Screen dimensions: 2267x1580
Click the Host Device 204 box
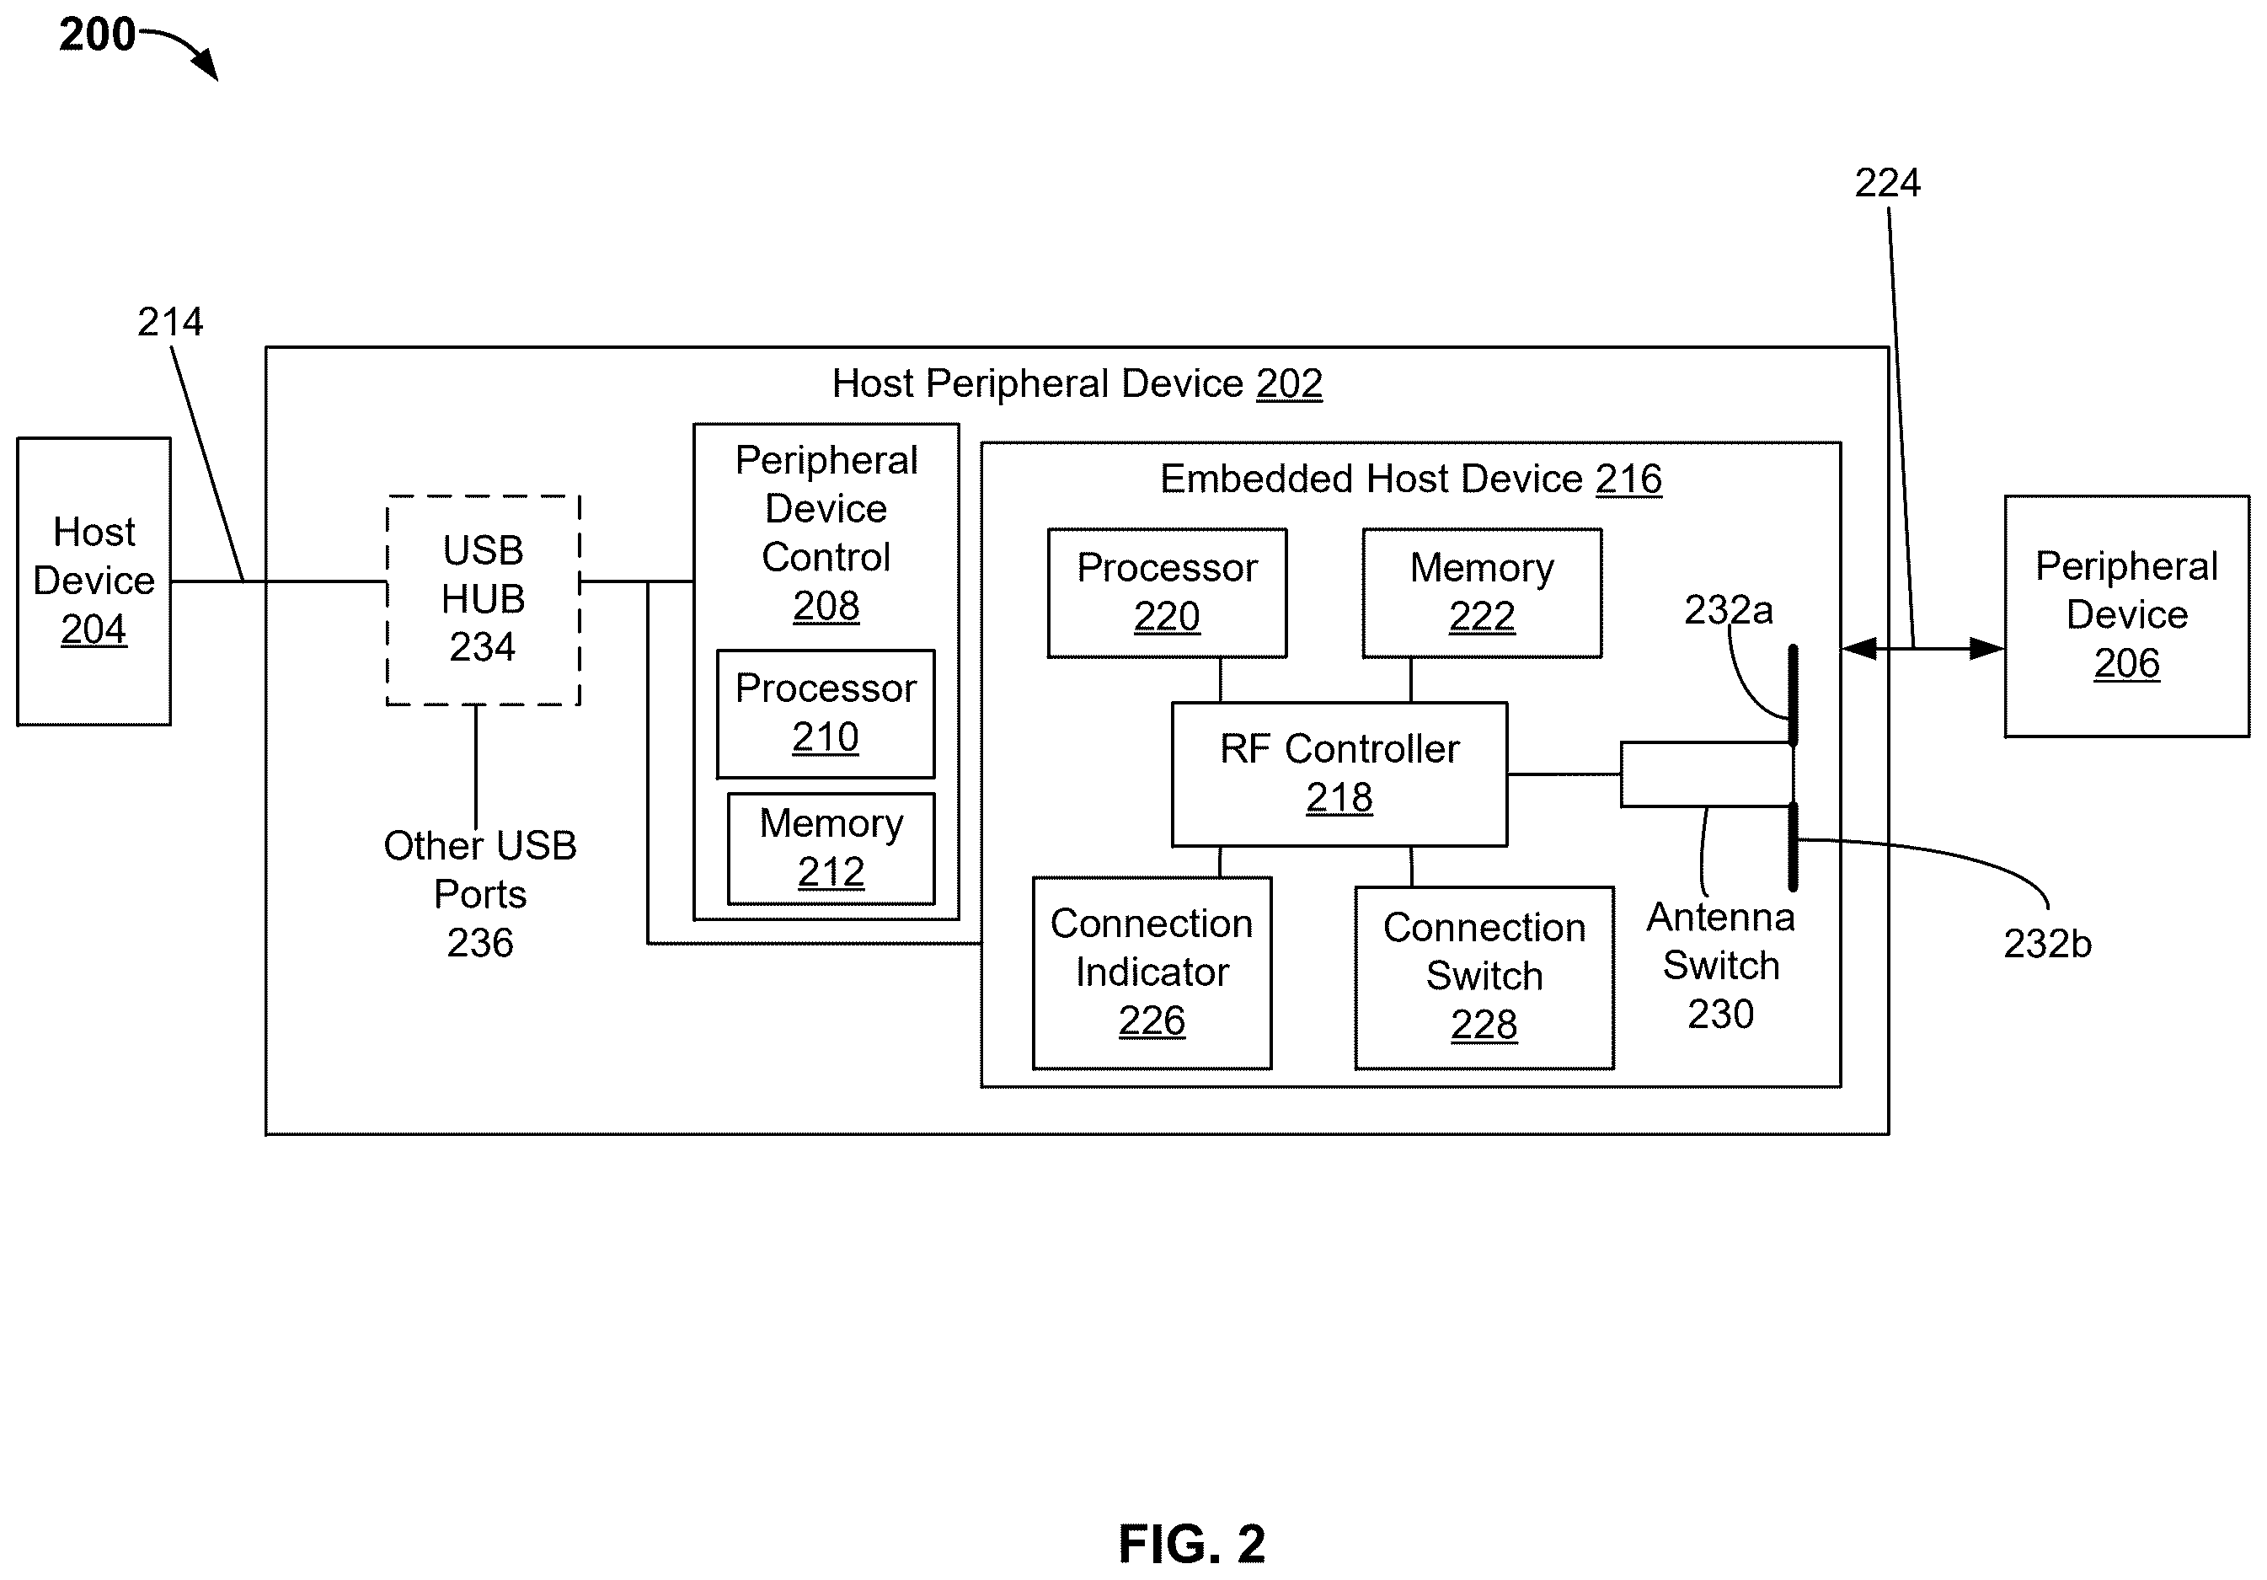coord(94,581)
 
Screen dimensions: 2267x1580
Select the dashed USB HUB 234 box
coord(483,600)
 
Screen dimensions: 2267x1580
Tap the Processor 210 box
coord(826,714)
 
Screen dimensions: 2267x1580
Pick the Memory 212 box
coord(831,849)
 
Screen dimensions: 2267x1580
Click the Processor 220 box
coord(1167,593)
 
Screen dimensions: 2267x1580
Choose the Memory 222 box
coord(1482,593)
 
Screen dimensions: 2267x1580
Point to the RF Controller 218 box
coord(1339,774)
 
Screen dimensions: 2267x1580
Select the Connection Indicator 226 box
coord(1152,972)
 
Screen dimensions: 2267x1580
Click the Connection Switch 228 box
coord(1484,977)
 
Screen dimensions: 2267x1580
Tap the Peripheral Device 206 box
coord(2127,616)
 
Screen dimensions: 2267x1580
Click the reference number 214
coord(170,322)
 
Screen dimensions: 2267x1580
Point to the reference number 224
coord(1887,183)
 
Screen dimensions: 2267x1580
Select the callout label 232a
coord(1728,610)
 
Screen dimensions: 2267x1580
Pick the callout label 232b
coord(2047,944)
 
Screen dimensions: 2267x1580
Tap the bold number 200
coord(97,35)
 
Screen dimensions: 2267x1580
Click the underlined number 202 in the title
coord(1289,383)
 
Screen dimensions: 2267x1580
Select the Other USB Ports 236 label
coord(480,894)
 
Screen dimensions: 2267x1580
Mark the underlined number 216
coord(1628,479)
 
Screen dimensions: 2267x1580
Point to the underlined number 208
coord(826,605)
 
